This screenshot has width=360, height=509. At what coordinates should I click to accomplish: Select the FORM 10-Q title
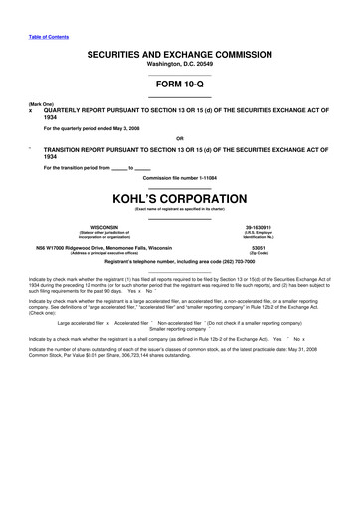pos(179,84)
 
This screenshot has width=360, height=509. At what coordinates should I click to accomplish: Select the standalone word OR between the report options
pos(179,138)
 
